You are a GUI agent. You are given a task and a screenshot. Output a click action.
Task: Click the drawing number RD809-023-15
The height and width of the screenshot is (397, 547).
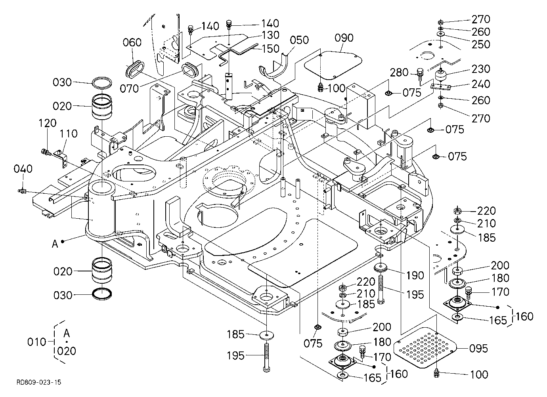(39, 382)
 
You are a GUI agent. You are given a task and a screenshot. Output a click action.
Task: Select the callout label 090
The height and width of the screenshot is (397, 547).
(344, 38)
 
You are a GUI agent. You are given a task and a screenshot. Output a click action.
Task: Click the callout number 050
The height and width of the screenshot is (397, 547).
(299, 40)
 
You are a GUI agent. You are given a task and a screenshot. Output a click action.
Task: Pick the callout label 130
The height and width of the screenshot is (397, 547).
(270, 35)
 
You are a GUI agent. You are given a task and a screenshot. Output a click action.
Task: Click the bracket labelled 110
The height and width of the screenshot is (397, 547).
(61, 159)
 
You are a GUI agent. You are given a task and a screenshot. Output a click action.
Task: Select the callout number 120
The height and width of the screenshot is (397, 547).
(48, 123)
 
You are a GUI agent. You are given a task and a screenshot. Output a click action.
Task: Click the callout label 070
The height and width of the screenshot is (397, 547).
(129, 89)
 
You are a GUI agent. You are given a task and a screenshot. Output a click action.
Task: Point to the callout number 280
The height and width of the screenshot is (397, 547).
(399, 73)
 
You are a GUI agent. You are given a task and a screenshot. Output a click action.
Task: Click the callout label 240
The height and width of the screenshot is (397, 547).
(480, 84)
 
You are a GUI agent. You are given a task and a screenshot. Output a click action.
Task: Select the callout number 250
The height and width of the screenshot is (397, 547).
(480, 44)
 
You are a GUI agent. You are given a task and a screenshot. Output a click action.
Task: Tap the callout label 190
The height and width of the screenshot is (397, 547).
(415, 276)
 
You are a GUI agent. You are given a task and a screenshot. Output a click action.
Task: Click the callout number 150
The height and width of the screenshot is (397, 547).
(270, 49)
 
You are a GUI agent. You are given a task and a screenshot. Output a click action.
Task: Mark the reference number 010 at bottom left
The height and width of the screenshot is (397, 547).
(36, 342)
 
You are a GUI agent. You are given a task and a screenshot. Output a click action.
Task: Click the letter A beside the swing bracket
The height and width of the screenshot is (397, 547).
(55, 244)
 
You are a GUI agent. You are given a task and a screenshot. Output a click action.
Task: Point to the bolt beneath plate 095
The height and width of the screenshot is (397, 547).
(436, 373)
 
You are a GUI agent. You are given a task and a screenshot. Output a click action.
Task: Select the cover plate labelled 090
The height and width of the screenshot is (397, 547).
(333, 65)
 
